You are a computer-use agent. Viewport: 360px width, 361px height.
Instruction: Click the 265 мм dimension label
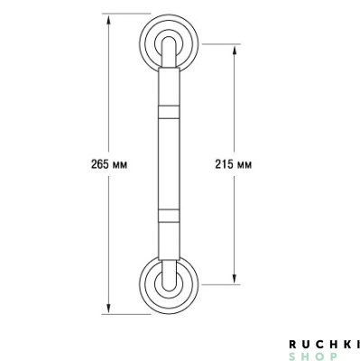click(109, 164)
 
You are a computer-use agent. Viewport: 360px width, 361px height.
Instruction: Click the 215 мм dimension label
click(234, 164)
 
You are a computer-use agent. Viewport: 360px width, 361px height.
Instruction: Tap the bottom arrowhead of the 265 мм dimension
click(108, 308)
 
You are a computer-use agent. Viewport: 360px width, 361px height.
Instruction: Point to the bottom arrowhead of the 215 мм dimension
click(235, 277)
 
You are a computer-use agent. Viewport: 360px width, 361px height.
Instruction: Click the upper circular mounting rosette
click(169, 17)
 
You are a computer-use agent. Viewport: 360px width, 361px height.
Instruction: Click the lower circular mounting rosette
click(169, 311)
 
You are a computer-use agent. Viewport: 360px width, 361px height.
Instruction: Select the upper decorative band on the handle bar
click(169, 112)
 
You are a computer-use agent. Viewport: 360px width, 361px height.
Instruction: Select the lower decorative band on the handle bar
click(169, 216)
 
